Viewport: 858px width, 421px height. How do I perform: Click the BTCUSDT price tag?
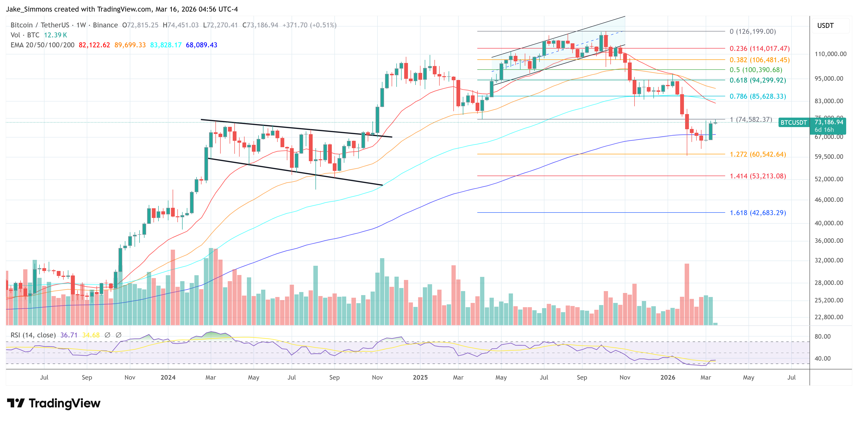(793, 122)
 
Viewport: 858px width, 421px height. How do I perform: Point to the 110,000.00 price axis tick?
(830, 54)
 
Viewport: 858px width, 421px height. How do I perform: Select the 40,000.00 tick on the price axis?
(828, 223)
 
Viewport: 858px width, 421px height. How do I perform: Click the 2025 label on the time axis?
(420, 377)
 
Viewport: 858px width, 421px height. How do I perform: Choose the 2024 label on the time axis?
(168, 377)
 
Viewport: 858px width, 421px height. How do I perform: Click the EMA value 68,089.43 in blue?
(201, 45)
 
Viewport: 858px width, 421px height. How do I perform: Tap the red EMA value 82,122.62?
(94, 45)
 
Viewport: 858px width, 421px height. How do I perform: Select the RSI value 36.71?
(69, 335)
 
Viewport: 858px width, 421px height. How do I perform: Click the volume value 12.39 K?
(55, 35)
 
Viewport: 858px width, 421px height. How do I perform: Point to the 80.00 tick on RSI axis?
(822, 336)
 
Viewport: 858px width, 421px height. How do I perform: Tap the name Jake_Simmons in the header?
(29, 9)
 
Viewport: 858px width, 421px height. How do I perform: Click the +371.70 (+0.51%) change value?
(309, 25)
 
